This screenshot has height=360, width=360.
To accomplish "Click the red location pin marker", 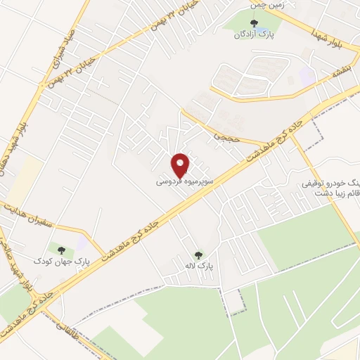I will [181, 165].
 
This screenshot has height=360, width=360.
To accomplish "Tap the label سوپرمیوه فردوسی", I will [181, 181].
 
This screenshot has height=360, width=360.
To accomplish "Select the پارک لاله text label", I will [198, 267].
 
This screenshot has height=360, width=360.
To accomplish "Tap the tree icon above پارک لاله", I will [198, 256].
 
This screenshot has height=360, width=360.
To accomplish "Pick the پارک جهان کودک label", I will [53, 262].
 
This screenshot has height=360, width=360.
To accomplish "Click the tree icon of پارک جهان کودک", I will [61, 250].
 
